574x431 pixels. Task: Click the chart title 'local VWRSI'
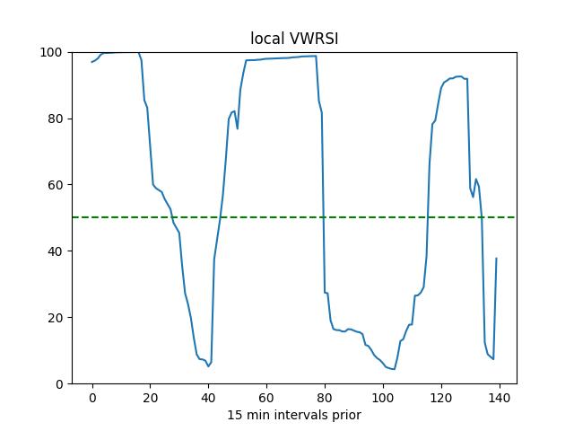pos(294,39)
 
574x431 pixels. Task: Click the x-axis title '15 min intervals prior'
pos(294,415)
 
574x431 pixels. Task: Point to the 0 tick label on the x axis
pos(91,397)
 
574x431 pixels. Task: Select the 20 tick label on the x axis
pos(150,397)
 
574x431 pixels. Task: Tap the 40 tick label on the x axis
pos(208,397)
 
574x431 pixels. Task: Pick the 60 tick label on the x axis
pos(266,397)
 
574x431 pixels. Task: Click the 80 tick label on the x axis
pos(325,397)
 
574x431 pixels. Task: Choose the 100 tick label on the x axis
pos(383,397)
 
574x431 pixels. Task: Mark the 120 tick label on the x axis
pos(441,397)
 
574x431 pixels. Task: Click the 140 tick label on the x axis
pos(500,397)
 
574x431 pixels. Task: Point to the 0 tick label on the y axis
pos(59,384)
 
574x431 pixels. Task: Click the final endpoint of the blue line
pos(496,259)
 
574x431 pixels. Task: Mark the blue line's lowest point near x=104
pos(394,369)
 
